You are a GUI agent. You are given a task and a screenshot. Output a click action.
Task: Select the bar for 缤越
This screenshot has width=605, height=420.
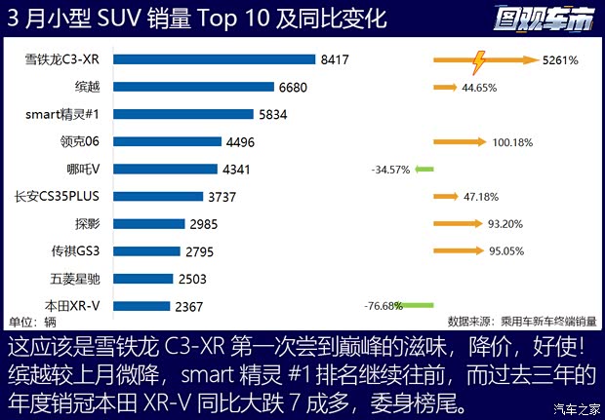196,87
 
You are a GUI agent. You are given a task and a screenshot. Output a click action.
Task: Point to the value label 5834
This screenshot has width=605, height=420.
274,114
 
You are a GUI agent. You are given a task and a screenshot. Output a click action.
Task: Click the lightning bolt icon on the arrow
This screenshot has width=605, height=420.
479,61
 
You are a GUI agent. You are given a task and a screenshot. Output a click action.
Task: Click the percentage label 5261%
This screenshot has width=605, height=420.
560,60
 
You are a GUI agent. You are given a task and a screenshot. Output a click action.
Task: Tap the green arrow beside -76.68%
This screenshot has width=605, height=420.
419,305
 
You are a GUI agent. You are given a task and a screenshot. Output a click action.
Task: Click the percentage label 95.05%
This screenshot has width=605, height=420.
505,250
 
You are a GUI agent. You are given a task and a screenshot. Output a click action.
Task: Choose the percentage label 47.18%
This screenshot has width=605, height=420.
481,196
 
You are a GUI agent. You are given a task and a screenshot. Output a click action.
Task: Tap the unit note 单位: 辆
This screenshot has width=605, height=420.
32,321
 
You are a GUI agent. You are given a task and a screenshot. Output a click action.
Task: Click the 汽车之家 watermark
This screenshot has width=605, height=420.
574,408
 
